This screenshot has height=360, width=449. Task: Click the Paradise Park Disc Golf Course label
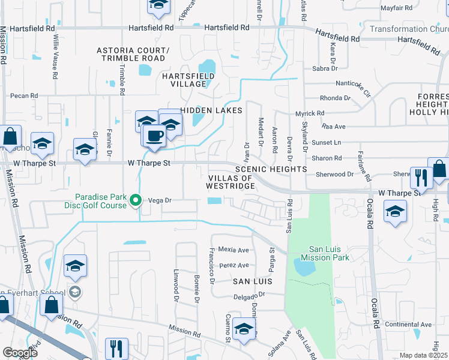pyautogui.click(x=101, y=200)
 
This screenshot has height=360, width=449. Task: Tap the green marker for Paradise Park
pyautogui.click(x=136, y=200)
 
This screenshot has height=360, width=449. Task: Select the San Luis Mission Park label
pyautogui.click(x=328, y=253)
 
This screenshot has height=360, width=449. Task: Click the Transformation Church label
pyautogui.click(x=408, y=29)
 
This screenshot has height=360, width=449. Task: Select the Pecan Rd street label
pyautogui.click(x=24, y=95)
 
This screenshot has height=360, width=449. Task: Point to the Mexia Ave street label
pyautogui.click(x=234, y=250)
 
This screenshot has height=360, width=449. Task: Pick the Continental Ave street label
pyautogui.click(x=409, y=325)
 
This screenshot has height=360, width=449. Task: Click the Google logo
pyautogui.click(x=20, y=353)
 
